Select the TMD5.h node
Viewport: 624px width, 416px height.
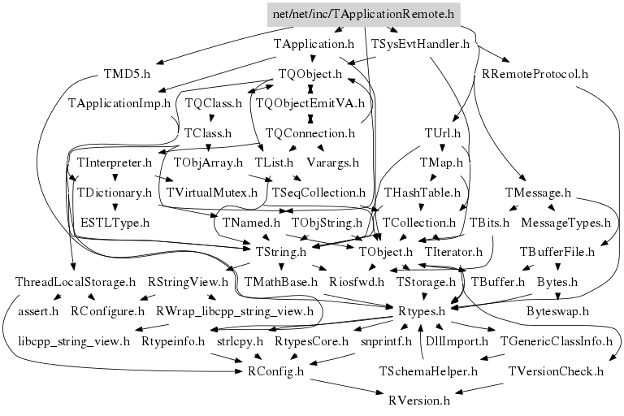pos(128,74)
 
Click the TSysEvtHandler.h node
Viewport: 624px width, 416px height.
pos(420,44)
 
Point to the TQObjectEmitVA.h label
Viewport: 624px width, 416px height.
pos(310,104)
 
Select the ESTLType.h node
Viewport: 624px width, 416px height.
pos(115,222)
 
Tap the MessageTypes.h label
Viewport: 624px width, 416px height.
pos(565,222)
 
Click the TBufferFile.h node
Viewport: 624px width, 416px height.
pos(557,252)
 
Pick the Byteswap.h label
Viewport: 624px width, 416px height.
pos(557,311)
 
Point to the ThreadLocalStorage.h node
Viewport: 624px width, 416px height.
pos(76,282)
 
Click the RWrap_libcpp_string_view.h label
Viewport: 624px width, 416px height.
pos(234,311)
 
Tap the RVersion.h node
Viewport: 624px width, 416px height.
pos(419,401)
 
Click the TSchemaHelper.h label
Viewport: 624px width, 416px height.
pos(428,371)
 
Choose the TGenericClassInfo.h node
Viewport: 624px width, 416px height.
pos(556,341)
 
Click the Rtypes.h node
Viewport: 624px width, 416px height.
pos(421,311)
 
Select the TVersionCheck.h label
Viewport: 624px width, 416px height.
pos(556,371)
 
